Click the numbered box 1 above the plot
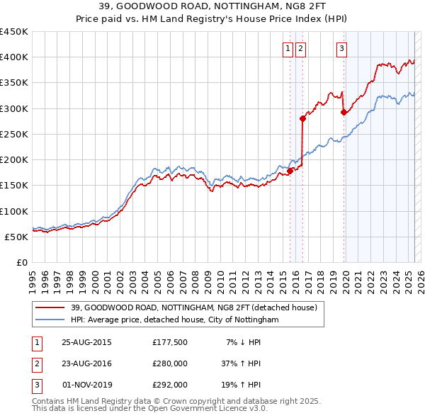[x=288, y=48]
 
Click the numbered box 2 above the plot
[x=301, y=48]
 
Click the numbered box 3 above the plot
[x=341, y=48]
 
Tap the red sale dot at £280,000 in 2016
[x=302, y=118]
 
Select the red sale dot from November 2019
[x=344, y=112]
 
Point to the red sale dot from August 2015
[x=290, y=171]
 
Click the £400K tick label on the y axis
[x=14, y=57]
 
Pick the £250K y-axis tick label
[x=14, y=134]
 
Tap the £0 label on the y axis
[x=23, y=262]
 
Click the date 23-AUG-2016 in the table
[x=87, y=363]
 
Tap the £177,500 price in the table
[x=169, y=342]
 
